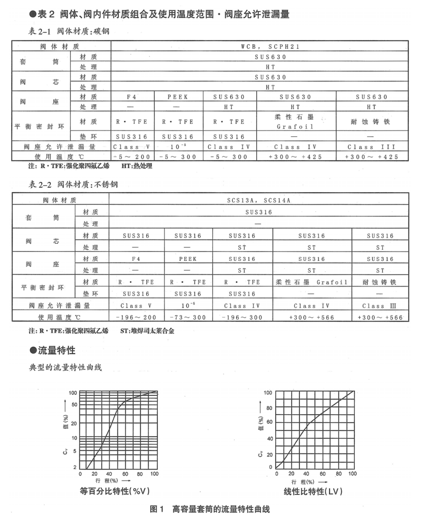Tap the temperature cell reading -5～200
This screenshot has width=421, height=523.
pos(132,157)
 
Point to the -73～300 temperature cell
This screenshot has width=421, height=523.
pos(186,318)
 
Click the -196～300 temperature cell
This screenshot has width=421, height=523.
pos(242,318)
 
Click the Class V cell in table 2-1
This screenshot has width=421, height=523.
pos(132,147)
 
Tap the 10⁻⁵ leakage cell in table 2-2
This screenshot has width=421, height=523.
pos(186,306)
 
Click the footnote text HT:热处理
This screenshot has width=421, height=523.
pos(137,166)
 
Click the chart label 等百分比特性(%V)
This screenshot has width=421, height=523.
pos(116,490)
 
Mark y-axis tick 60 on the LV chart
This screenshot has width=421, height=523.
pos(269,422)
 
